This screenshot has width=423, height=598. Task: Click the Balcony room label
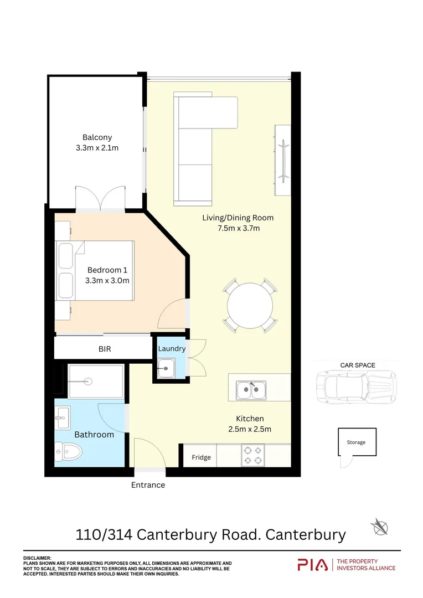97,137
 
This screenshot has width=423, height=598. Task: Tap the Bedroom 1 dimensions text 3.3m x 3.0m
107,280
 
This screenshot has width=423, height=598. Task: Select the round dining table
250,306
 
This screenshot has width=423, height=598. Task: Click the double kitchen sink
251,390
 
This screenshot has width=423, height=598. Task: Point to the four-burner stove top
253,455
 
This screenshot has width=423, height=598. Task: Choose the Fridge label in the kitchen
201,457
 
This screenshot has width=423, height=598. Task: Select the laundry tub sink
166,368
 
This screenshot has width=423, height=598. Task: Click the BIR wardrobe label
105,349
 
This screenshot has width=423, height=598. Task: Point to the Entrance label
148,485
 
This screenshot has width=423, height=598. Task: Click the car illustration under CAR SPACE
356,386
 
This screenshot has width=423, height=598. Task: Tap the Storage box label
356,442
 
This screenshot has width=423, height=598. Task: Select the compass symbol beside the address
379,528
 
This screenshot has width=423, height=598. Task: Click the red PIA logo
312,565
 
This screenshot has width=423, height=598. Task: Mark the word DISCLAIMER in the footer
37,558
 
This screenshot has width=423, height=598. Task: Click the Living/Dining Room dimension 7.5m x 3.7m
239,228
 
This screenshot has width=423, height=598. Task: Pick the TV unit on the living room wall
282,160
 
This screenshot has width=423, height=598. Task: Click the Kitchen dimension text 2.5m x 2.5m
250,429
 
